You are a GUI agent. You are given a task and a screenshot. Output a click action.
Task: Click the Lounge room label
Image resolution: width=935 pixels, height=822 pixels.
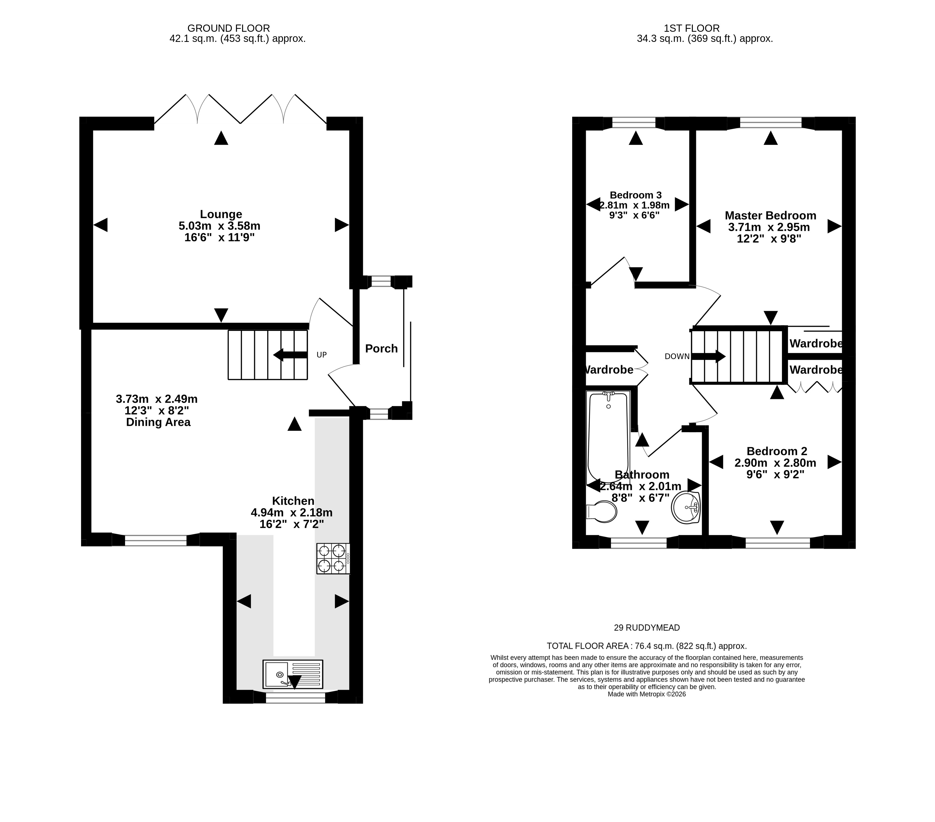tap(221, 214)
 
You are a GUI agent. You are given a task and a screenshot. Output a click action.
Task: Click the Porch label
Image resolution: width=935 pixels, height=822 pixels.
tap(382, 349)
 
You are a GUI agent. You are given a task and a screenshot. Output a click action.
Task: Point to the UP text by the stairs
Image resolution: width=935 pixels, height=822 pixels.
tap(322, 355)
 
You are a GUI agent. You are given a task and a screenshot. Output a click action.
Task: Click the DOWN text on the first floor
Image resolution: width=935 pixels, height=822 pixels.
tap(677, 356)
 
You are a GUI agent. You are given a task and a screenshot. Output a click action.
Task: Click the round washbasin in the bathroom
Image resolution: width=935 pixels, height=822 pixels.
tap(686, 507)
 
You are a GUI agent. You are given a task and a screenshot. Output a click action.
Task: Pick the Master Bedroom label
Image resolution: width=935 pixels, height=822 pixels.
tap(771, 216)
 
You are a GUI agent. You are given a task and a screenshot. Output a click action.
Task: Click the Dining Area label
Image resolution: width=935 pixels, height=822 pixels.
tap(158, 422)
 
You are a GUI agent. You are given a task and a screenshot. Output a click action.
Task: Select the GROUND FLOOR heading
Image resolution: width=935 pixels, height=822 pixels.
tap(229, 28)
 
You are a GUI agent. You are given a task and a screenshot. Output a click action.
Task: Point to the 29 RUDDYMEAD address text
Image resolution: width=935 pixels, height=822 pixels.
tap(647, 628)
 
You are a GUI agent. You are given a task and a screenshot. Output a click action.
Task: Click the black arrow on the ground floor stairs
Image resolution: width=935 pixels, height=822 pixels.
tap(290, 355)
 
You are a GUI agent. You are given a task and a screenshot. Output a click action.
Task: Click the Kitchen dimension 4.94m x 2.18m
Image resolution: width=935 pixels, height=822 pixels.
tap(291, 512)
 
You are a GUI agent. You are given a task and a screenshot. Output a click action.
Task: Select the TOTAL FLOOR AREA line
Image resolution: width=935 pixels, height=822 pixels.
tap(647, 646)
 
